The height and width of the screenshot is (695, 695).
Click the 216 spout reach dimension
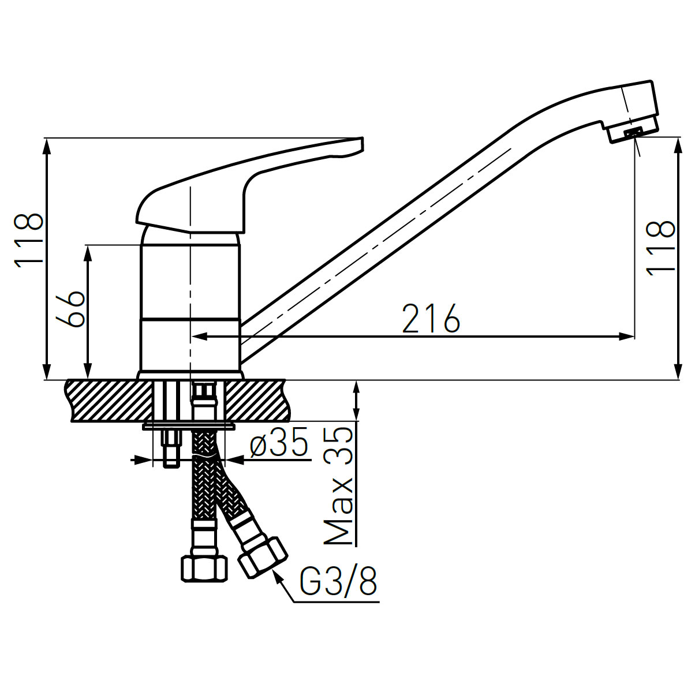click(x=431, y=318)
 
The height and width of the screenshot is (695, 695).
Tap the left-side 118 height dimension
click(x=28, y=240)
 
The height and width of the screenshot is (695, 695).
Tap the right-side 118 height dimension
click(x=660, y=247)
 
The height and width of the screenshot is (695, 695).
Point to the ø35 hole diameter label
click(x=279, y=445)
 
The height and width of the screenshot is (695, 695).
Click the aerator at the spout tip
click(x=633, y=132)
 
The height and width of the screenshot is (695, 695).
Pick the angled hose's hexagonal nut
click(x=263, y=557)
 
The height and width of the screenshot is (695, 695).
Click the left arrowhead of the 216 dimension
click(x=198, y=337)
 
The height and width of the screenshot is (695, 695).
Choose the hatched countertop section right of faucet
click(x=260, y=400)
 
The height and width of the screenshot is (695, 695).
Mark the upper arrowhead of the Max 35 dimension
click(x=357, y=387)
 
